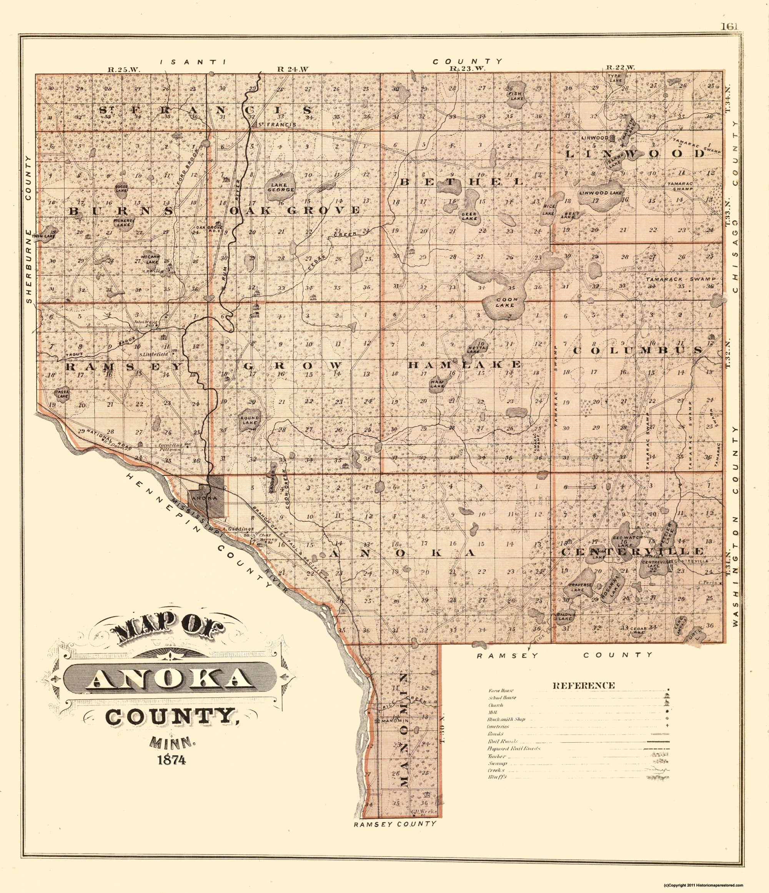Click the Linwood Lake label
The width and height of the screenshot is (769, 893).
pyautogui.click(x=601, y=193)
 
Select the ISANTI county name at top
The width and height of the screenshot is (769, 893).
pyautogui.click(x=193, y=62)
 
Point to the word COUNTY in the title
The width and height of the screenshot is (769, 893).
pyautogui.click(x=170, y=718)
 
